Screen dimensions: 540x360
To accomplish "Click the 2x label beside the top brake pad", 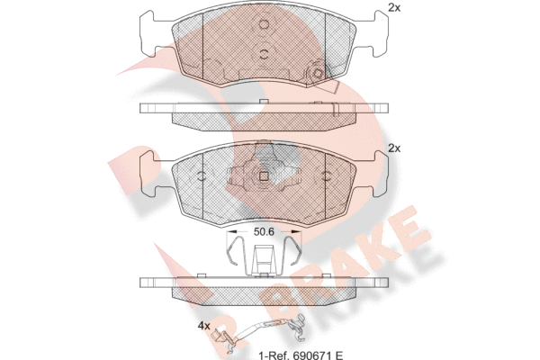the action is click(394, 7).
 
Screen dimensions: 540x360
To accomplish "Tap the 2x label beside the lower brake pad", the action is click(394, 148).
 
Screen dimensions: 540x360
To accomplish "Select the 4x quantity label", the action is click(203, 326).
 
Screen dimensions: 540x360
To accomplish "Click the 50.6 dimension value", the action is click(264, 232).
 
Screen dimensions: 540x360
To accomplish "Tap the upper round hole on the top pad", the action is click(264, 24).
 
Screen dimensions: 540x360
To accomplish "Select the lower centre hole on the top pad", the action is click(264, 53).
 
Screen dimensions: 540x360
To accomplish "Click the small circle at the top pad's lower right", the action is click(317, 73).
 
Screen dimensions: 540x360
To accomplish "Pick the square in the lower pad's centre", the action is click(264, 176).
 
